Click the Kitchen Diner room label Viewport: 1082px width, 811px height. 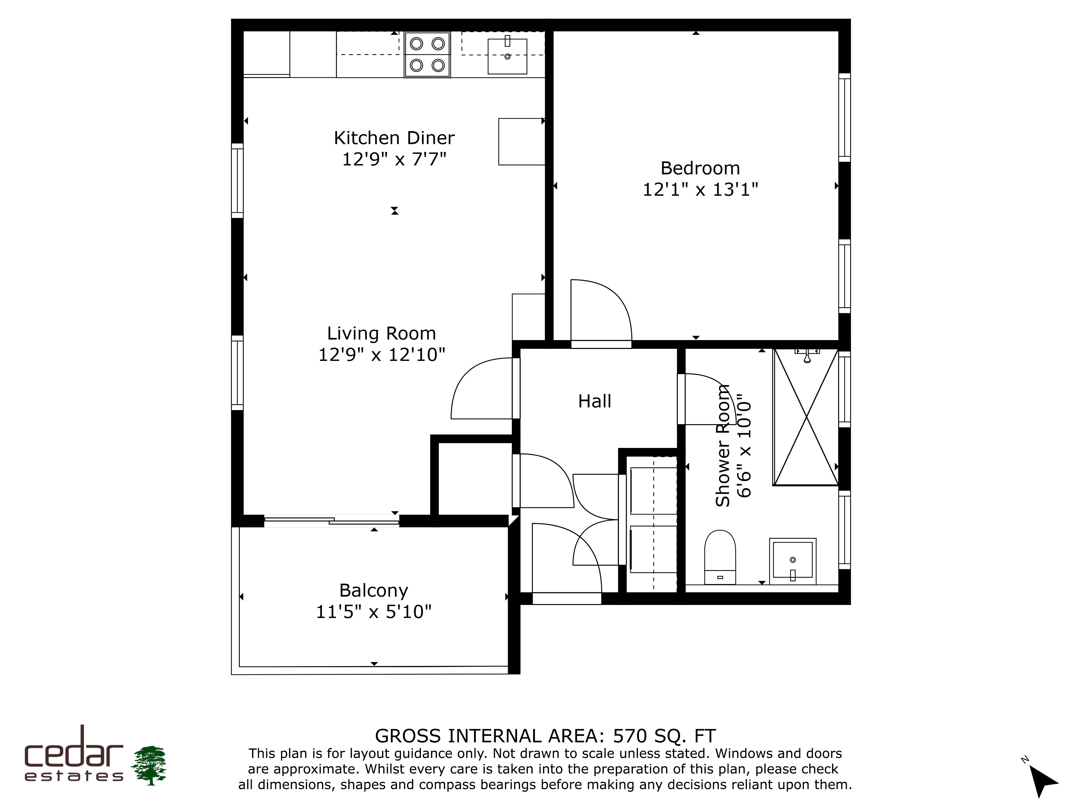[394, 138]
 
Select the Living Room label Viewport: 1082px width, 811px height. [381, 333]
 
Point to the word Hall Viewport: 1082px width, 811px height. [595, 401]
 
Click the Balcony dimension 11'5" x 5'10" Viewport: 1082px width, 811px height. [374, 611]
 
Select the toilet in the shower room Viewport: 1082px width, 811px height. [720, 557]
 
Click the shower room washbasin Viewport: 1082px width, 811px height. [792, 561]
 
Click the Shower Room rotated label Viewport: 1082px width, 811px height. [723, 445]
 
